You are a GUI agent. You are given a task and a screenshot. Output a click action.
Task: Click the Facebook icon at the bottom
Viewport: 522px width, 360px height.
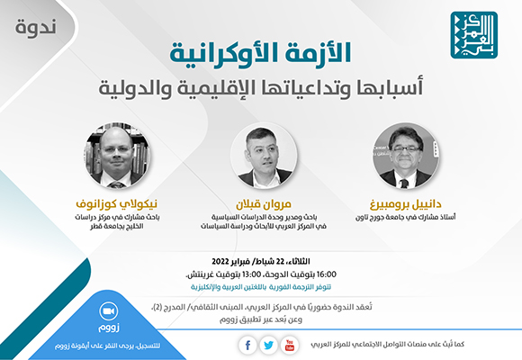point(247,346)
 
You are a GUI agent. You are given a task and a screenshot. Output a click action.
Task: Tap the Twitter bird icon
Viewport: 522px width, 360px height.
point(267,346)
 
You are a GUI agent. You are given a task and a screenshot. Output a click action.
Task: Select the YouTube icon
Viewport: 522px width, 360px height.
point(289,346)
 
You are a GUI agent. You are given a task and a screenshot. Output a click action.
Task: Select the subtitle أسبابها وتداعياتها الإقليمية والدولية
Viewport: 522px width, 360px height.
point(261,88)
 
